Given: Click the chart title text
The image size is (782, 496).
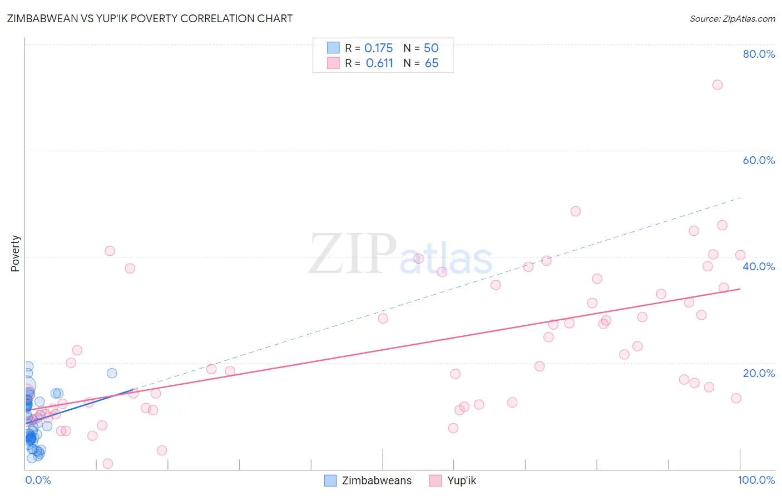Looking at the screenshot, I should click(150, 18).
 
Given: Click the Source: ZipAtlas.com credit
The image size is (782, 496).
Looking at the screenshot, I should click(732, 18).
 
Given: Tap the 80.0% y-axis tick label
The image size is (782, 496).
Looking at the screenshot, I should click(759, 54).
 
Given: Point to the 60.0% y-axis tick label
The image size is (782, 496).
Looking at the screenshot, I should click(759, 160).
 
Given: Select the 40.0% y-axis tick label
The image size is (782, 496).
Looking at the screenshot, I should click(759, 266).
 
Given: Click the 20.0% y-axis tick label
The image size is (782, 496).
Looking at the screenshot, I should click(759, 373).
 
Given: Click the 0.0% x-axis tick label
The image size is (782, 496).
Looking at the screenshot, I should click(38, 480).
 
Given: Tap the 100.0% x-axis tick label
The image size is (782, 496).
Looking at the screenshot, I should click(756, 480).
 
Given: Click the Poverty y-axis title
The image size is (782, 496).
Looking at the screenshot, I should click(15, 254).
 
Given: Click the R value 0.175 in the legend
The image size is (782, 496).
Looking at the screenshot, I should click(378, 48).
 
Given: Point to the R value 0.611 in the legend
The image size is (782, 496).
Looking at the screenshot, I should click(379, 63).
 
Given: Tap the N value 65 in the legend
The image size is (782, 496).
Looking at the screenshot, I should click(432, 63).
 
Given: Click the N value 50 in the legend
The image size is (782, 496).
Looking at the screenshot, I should click(432, 48).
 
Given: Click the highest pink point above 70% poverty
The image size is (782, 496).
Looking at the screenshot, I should click(717, 85).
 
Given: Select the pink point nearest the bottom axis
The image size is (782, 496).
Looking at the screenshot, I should click(108, 464).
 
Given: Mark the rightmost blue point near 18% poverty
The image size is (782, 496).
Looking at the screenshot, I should click(112, 373).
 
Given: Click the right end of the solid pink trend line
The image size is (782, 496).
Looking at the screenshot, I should click(740, 289).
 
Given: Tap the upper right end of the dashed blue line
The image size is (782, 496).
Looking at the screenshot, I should click(740, 197).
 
